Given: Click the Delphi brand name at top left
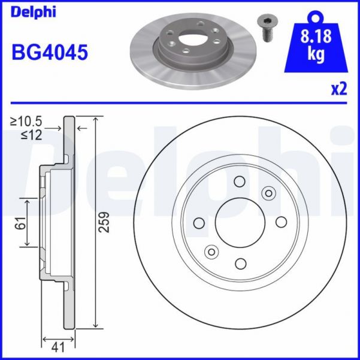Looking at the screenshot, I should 33,12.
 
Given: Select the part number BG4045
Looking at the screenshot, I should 50,52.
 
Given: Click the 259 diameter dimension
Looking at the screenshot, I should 105,223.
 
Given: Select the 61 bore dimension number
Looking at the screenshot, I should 20,223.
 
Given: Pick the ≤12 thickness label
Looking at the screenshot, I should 32,135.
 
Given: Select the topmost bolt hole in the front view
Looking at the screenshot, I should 240,181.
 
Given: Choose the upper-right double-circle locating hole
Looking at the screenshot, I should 268,192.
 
